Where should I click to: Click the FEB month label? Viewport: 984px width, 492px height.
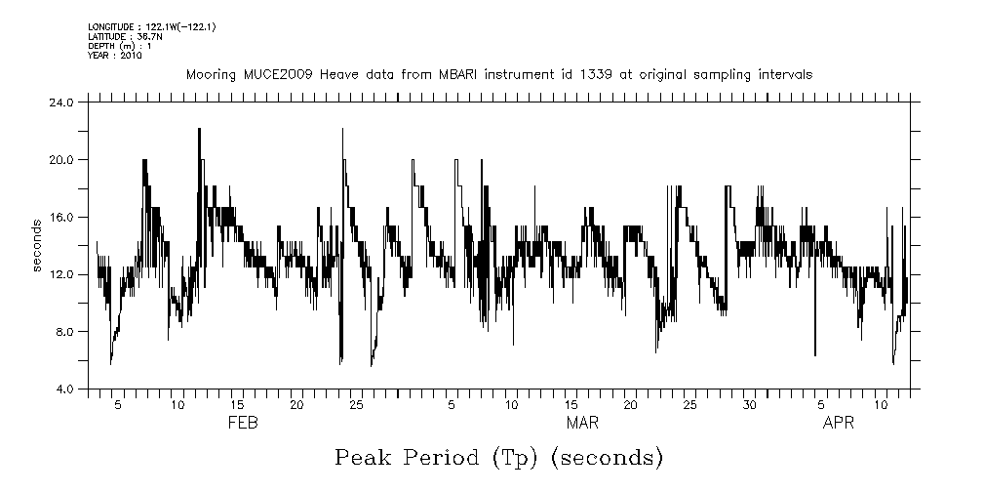tap(243, 423)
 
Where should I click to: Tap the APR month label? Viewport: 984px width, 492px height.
tap(840, 423)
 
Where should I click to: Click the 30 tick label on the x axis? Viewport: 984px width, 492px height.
tap(749, 404)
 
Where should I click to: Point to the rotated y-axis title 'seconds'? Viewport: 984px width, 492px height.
tap(37, 246)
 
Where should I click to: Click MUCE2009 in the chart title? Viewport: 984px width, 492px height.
tap(255, 74)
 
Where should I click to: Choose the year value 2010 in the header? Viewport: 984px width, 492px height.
tap(133, 56)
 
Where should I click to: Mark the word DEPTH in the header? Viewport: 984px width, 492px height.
tap(101, 46)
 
